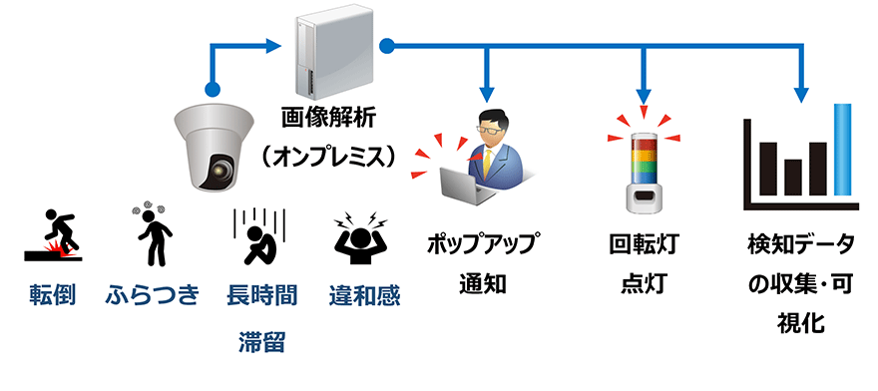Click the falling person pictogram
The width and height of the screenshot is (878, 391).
click(53, 236)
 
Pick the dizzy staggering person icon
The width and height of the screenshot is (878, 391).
click(152, 236)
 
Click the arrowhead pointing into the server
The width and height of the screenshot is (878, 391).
click(275, 44)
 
